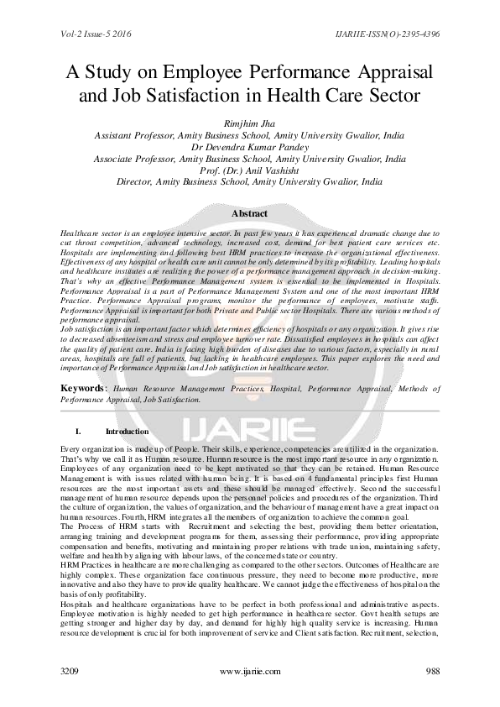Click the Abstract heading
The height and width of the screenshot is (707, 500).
(249, 214)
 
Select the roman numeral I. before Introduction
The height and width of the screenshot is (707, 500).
(77, 431)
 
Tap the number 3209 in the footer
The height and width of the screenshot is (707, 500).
(72, 673)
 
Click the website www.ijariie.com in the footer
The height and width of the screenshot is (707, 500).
(249, 673)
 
